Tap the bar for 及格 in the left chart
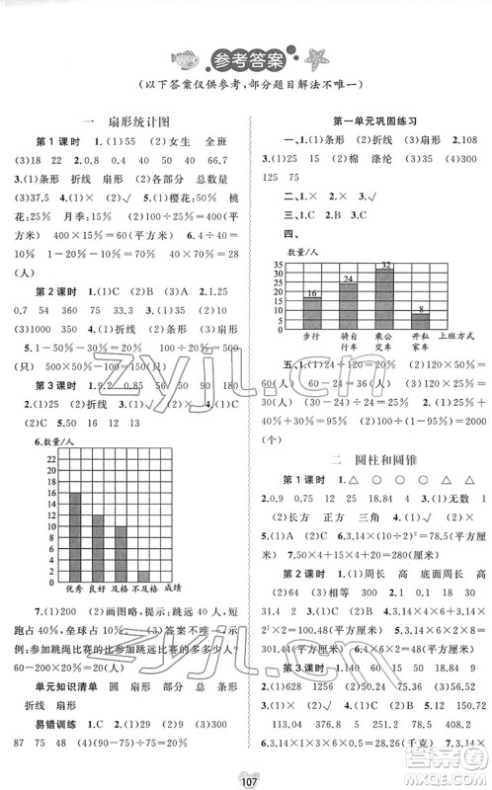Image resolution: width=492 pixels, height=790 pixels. click(121, 558)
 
